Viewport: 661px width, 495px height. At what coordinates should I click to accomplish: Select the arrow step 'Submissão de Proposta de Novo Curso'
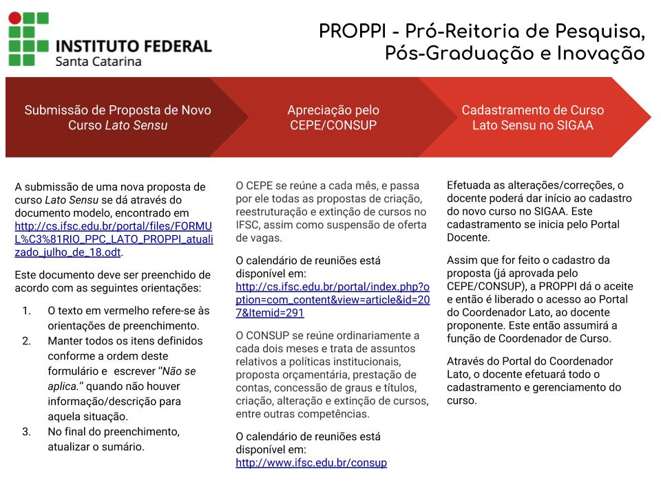pos(118,118)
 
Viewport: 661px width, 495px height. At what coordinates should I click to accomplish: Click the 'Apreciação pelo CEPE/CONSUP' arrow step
pos(333,118)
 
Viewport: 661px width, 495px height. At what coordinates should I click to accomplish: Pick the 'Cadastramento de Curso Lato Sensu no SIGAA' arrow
pos(532,118)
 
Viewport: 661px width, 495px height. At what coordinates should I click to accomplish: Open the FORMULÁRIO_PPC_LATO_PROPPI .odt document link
pos(114,239)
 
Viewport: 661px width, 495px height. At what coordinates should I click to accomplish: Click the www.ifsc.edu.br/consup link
pos(311,463)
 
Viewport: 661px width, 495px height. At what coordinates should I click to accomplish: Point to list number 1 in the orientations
pos(27,311)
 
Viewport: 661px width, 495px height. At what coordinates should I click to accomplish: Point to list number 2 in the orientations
pos(27,341)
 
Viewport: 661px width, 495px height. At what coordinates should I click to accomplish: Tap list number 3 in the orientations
pos(27,432)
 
